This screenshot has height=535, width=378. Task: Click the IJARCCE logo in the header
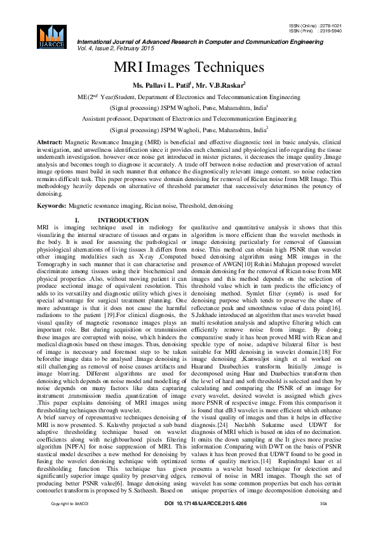point(53,36)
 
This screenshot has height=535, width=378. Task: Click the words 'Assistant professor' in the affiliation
point(111,118)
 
